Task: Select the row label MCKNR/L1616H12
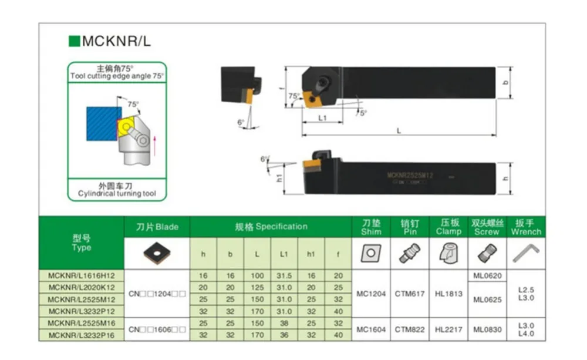pyautogui.click(x=82, y=275)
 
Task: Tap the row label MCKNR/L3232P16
pyautogui.click(x=82, y=335)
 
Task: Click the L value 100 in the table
pyautogui.click(x=258, y=275)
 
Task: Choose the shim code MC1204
pyautogui.click(x=371, y=293)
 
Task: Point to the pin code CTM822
pyautogui.click(x=409, y=329)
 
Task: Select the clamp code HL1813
pyautogui.click(x=448, y=293)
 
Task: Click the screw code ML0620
pyautogui.click(x=487, y=275)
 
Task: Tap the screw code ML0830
pyautogui.click(x=487, y=329)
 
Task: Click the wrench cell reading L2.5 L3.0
pyautogui.click(x=527, y=294)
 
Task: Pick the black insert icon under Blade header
pyautogui.click(x=157, y=253)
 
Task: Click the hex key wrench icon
pyautogui.click(x=527, y=253)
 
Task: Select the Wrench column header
pyautogui.click(x=527, y=227)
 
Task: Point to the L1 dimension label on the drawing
pyautogui.click(x=322, y=118)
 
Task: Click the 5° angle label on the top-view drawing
pyautogui.click(x=363, y=113)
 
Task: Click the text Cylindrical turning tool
pyautogui.click(x=117, y=194)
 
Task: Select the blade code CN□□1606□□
pyautogui.click(x=157, y=329)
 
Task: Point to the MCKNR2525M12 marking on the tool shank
pyautogui.click(x=410, y=175)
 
